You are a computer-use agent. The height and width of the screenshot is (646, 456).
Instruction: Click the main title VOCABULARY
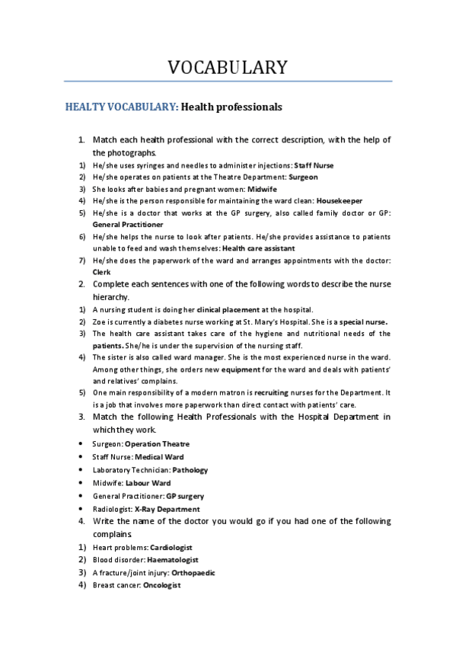point(228,67)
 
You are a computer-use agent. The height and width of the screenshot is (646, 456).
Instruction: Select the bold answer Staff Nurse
point(313,165)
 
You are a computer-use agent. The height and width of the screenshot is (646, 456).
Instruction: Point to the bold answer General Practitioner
point(127,225)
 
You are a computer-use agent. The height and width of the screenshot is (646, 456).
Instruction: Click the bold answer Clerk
point(101,272)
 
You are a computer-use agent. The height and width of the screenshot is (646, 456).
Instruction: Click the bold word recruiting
point(276,392)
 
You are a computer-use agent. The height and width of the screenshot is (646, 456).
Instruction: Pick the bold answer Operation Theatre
point(157,443)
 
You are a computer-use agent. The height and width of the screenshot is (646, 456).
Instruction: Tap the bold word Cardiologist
point(171,547)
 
